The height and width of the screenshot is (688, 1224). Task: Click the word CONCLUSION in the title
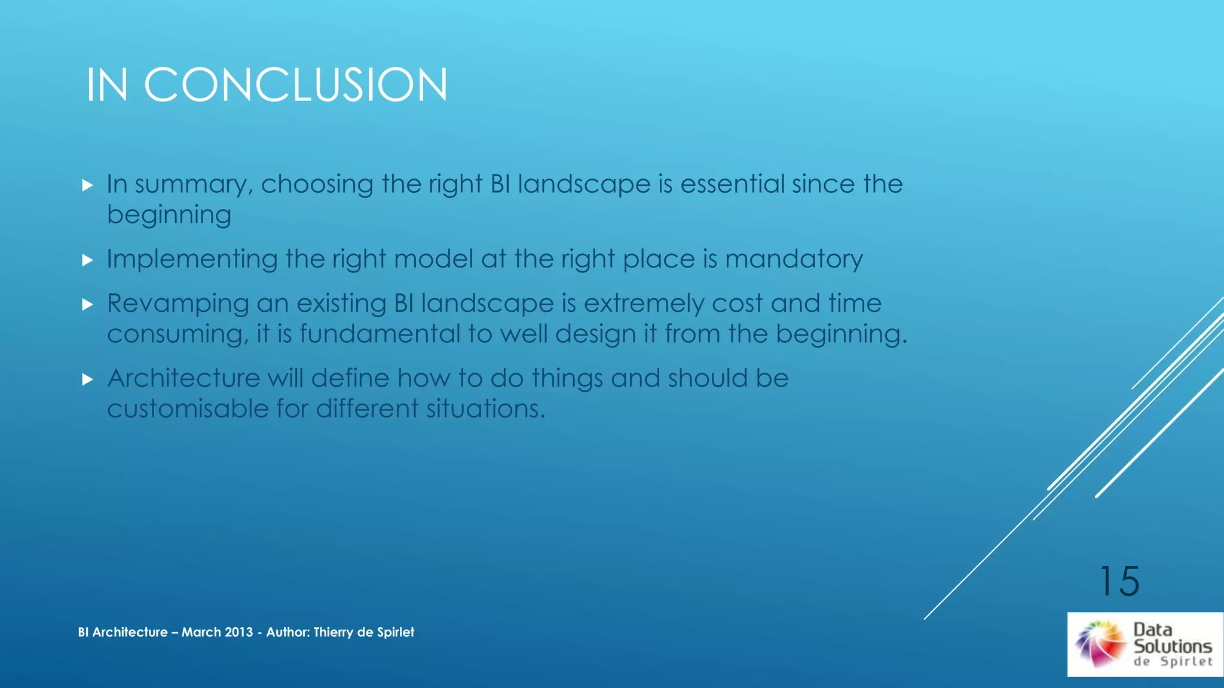(295, 85)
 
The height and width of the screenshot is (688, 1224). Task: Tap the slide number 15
(1119, 581)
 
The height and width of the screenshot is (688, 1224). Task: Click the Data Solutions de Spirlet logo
(1145, 644)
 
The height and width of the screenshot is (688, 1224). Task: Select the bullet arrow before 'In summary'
(88, 185)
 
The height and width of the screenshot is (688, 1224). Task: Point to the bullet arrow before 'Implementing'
(88, 260)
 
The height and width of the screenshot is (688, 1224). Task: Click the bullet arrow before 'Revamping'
(88, 305)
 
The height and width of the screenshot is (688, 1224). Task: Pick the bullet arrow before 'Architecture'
(88, 379)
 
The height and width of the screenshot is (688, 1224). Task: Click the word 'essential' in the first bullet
(732, 184)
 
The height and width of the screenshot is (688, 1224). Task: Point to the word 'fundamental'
(380, 334)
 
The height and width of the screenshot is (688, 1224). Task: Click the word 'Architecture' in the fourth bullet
(183, 378)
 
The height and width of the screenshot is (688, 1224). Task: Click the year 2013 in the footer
(238, 632)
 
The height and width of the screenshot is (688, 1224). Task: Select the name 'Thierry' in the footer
(333, 632)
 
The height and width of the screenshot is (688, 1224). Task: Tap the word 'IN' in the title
(107, 85)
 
